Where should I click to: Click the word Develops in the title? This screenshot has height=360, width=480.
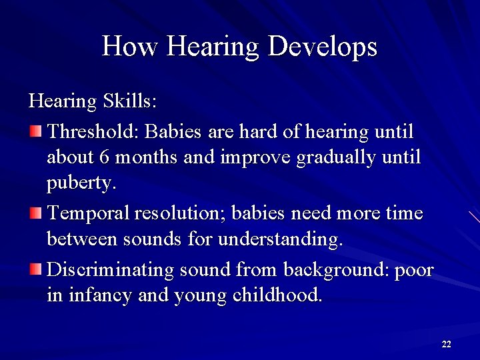[323, 47]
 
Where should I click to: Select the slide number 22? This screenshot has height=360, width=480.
[446, 344]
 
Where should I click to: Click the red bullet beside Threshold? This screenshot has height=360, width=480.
[35, 131]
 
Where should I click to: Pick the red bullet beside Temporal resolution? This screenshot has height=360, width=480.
[35, 213]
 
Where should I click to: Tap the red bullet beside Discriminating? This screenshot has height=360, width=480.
[35, 270]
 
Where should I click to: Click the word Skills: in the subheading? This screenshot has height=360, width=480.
[130, 101]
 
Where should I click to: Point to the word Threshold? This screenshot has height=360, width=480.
[93, 131]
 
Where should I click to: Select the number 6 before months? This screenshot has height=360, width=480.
[103, 157]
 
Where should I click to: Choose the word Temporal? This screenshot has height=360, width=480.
[89, 213]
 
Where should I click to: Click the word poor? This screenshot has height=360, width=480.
[414, 270]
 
